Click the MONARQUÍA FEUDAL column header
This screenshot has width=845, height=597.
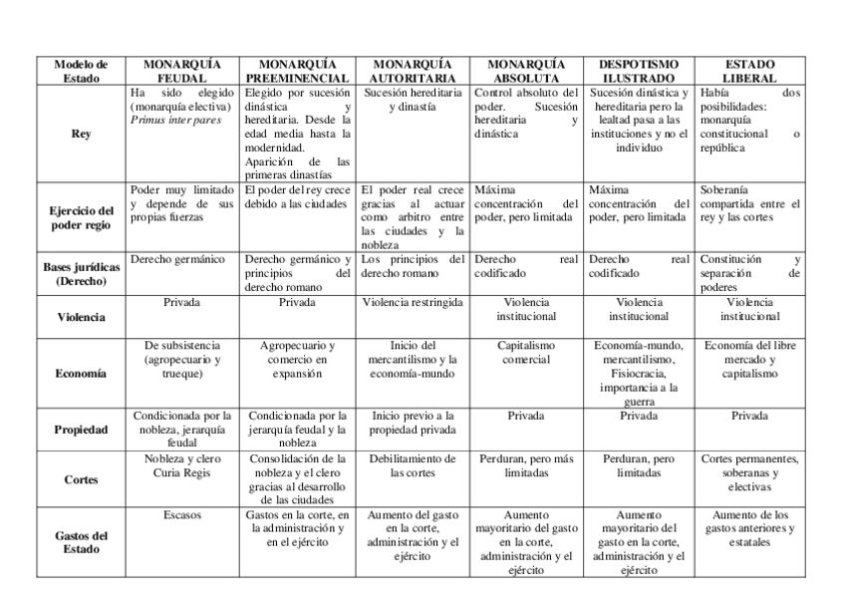tap(182, 70)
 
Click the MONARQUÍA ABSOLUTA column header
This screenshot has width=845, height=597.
tap(525, 70)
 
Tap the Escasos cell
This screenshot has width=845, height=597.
tap(182, 515)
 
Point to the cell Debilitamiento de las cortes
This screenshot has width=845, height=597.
tap(411, 465)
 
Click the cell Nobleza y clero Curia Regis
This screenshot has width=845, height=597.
tap(182, 465)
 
